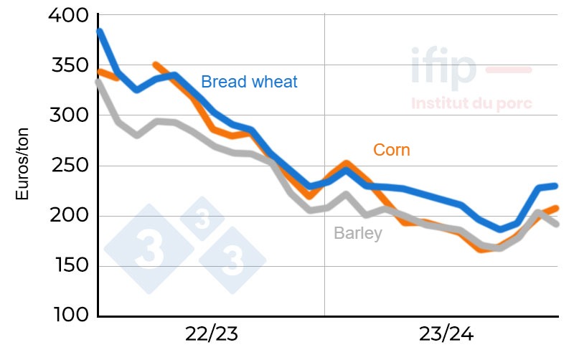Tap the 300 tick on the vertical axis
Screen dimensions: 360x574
[68, 115]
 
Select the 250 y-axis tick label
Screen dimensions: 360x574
[68, 166]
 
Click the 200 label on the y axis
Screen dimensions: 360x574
[68, 216]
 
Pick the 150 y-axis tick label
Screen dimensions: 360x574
[68, 266]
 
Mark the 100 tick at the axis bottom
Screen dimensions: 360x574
[68, 316]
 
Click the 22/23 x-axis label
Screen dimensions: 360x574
[211, 334]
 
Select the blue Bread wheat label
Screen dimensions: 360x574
[249, 82]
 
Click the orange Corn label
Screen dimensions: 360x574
[392, 150]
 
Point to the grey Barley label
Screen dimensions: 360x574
[357, 234]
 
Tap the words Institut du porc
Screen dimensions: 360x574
[471, 103]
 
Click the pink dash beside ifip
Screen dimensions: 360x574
[509, 70]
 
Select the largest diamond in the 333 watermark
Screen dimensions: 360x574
[149, 249]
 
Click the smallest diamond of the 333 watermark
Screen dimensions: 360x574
[202, 219]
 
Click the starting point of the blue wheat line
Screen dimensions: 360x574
[99, 32]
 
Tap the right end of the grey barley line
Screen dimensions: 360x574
[557, 224]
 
